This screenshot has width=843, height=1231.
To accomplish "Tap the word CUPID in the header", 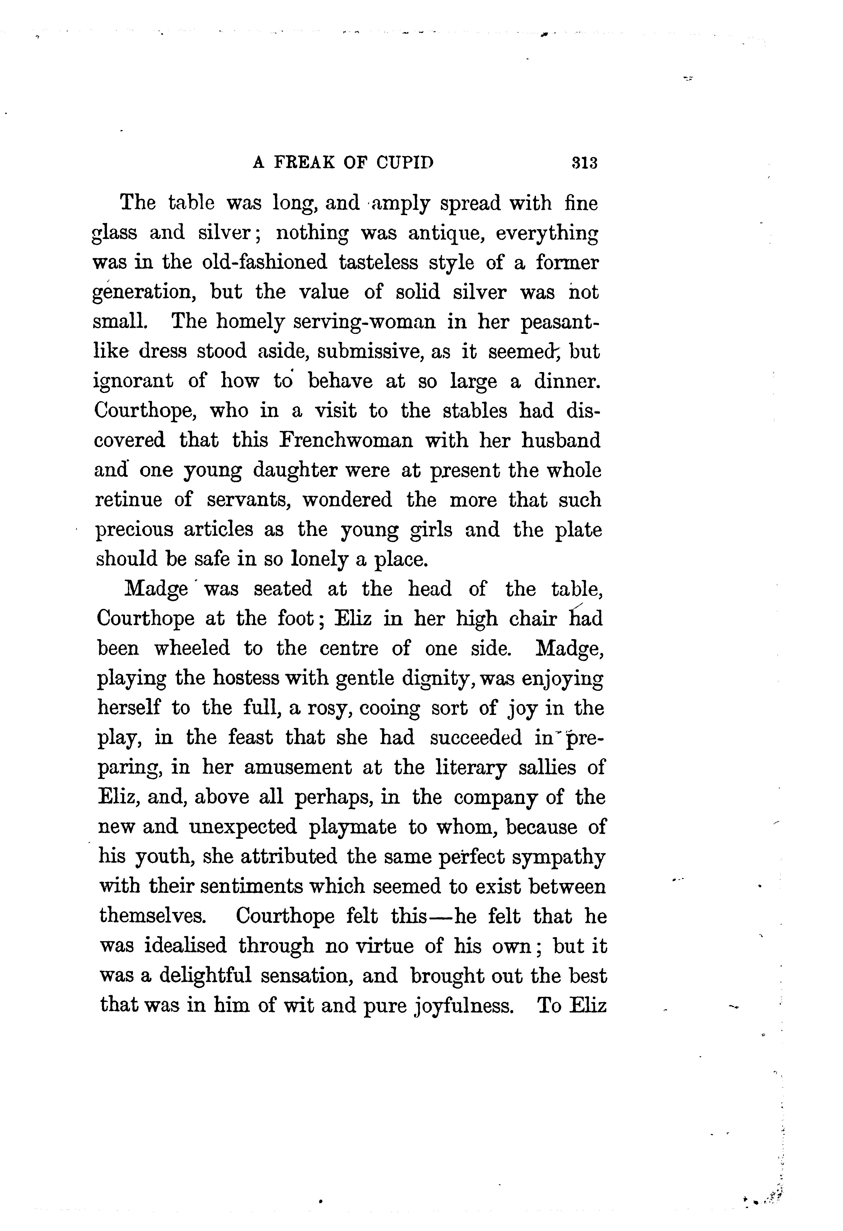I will [x=404, y=163].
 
